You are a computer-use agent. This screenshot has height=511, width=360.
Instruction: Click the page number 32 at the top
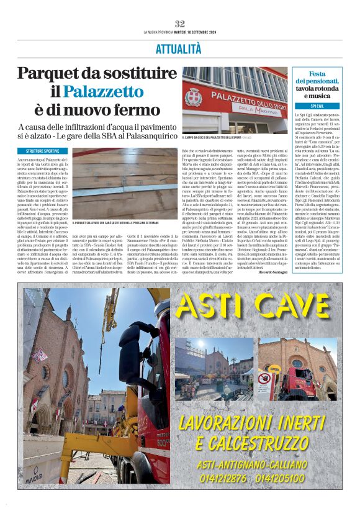click(180, 23)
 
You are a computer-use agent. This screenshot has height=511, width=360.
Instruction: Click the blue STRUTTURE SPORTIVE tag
click(43, 151)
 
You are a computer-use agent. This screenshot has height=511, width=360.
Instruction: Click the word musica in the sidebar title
click(317, 96)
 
